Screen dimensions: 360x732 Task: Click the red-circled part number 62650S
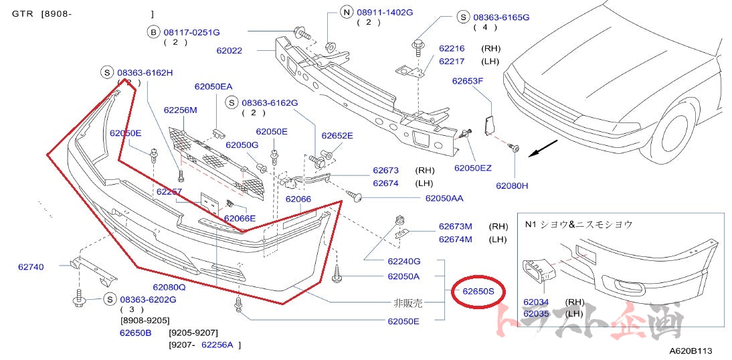[x=478, y=291]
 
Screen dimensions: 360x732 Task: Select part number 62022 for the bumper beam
[x=229, y=50]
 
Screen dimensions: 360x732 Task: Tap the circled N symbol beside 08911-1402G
[x=346, y=12]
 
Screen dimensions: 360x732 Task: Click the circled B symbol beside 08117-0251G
[x=153, y=31]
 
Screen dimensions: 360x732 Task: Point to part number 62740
[x=31, y=267]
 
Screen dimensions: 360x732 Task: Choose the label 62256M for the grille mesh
[x=180, y=110]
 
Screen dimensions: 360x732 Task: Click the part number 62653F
[x=467, y=81]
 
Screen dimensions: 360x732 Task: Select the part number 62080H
[x=512, y=185]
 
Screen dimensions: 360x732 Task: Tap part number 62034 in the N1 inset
[x=536, y=302]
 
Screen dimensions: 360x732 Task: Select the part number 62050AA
[x=444, y=198]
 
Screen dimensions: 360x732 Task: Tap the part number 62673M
[x=456, y=226]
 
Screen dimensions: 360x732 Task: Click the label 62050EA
[x=213, y=86]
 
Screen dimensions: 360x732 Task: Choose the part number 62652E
[x=337, y=136]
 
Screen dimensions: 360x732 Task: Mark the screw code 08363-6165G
[x=501, y=17]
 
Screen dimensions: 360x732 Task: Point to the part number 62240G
[x=403, y=261]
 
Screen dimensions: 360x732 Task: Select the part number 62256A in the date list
[x=217, y=345]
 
